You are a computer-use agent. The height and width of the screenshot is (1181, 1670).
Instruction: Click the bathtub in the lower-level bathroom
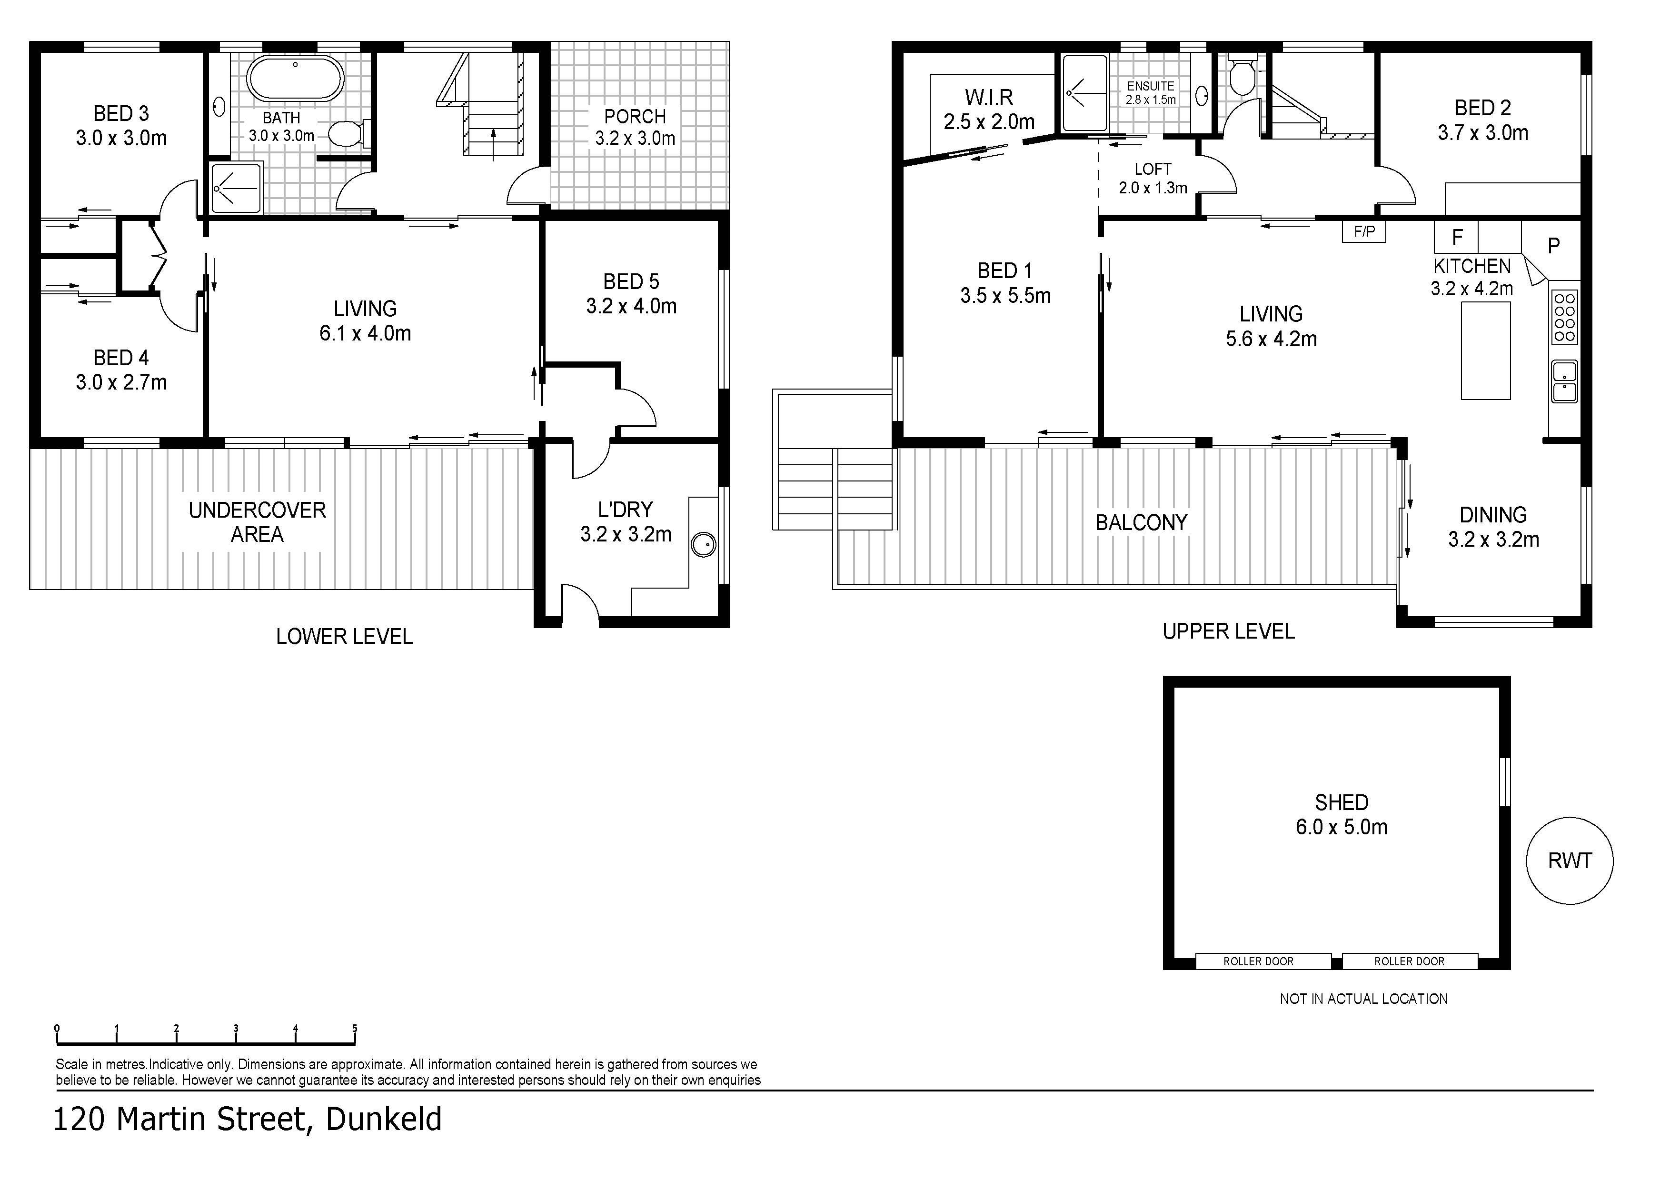295,80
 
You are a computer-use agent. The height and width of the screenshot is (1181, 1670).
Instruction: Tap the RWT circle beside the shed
1570,861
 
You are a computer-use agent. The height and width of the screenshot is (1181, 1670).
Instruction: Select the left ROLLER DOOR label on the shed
1258,961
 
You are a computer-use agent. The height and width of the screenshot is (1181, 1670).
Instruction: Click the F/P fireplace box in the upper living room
1364,232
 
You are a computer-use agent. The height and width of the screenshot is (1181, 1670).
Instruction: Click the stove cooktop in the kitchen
1564,317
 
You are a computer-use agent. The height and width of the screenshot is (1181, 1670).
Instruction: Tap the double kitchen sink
1564,381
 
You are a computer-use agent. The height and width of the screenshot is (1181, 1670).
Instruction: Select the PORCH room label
635,116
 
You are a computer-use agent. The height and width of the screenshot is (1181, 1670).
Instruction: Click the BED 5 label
631,281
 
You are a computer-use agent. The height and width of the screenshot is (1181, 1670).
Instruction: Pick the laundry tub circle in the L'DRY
703,545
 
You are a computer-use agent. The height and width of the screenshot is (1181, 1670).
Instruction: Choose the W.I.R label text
989,97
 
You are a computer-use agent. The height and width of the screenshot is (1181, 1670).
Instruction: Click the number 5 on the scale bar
355,1028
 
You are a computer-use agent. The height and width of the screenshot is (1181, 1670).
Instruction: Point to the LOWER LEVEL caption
344,637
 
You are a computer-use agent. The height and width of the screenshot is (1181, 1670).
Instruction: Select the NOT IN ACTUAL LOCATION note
1364,999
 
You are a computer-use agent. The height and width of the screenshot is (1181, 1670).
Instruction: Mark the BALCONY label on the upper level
1141,522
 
